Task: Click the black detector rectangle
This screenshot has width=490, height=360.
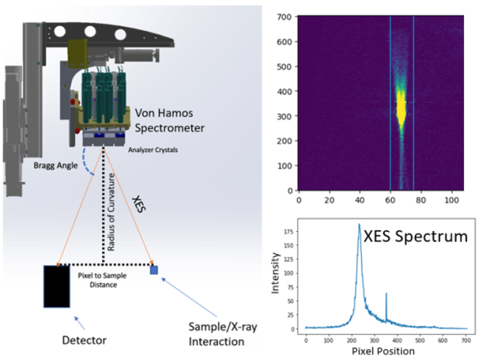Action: tap(56, 286)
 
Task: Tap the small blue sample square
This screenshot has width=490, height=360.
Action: tap(154, 269)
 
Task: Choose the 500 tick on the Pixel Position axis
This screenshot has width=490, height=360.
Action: tap(421, 337)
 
